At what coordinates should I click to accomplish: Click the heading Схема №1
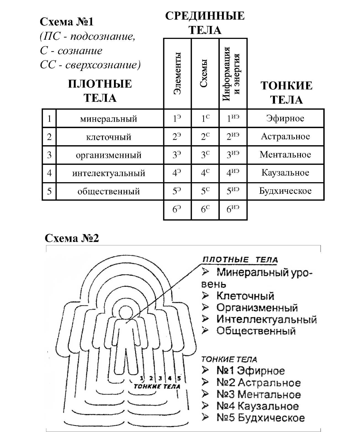tap(67, 22)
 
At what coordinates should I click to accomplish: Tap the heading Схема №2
tap(72, 238)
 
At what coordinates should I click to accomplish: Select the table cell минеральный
tap(109, 119)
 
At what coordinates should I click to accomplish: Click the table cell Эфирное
tap(285, 118)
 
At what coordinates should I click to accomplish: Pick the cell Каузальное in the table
tap(285, 173)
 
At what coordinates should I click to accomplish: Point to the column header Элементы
tap(177, 73)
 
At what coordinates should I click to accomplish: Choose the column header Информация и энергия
tap(231, 73)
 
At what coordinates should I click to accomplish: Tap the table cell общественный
tap(109, 191)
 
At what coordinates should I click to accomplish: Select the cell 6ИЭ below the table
tap(233, 209)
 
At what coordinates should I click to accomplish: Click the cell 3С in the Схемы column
tap(205, 155)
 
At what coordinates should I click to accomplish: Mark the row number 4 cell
tap(49, 173)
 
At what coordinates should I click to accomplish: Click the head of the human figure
tap(126, 312)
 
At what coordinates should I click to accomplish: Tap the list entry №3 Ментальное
tap(258, 394)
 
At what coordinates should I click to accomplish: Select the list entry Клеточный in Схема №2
tap(245, 296)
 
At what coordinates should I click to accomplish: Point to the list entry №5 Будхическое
tap(260, 417)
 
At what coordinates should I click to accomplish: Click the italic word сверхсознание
tap(105, 65)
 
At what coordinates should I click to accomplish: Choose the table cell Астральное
tap(285, 136)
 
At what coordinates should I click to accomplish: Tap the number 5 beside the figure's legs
tap(179, 378)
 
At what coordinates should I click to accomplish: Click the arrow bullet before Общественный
tap(205, 330)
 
